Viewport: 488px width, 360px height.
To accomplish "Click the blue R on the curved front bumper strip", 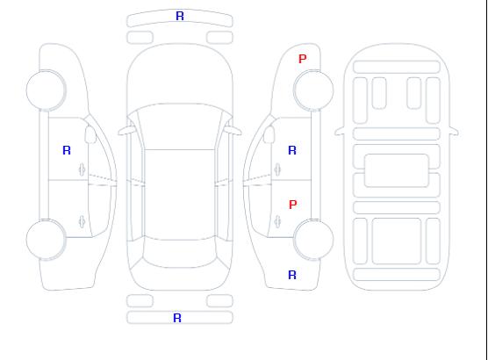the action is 180,16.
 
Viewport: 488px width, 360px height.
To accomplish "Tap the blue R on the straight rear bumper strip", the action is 177,318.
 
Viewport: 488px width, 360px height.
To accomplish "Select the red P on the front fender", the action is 303,59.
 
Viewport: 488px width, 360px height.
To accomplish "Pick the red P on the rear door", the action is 293,205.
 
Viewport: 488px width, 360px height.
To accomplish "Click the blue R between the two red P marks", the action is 292,150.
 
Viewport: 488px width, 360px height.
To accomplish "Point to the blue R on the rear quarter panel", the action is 292,275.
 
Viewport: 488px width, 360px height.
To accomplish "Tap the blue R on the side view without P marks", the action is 67,150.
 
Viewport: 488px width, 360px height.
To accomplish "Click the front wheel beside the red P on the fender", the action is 313,90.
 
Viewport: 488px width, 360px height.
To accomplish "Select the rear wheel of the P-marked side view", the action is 313,240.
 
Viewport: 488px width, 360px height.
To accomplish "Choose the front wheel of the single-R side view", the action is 46,90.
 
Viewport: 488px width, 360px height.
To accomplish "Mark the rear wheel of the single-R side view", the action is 46,240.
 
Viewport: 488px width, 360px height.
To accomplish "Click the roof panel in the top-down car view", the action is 180,195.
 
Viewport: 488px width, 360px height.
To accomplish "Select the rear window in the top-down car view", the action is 180,253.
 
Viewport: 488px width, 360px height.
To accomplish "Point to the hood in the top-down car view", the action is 180,75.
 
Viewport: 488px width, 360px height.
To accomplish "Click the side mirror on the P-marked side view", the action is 269,134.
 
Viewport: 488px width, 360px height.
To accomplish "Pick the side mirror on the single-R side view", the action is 90,134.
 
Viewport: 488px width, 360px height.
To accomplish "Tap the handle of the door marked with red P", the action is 277,221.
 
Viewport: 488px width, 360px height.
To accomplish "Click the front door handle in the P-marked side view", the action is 277,169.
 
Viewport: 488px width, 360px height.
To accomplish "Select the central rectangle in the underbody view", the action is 397,170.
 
